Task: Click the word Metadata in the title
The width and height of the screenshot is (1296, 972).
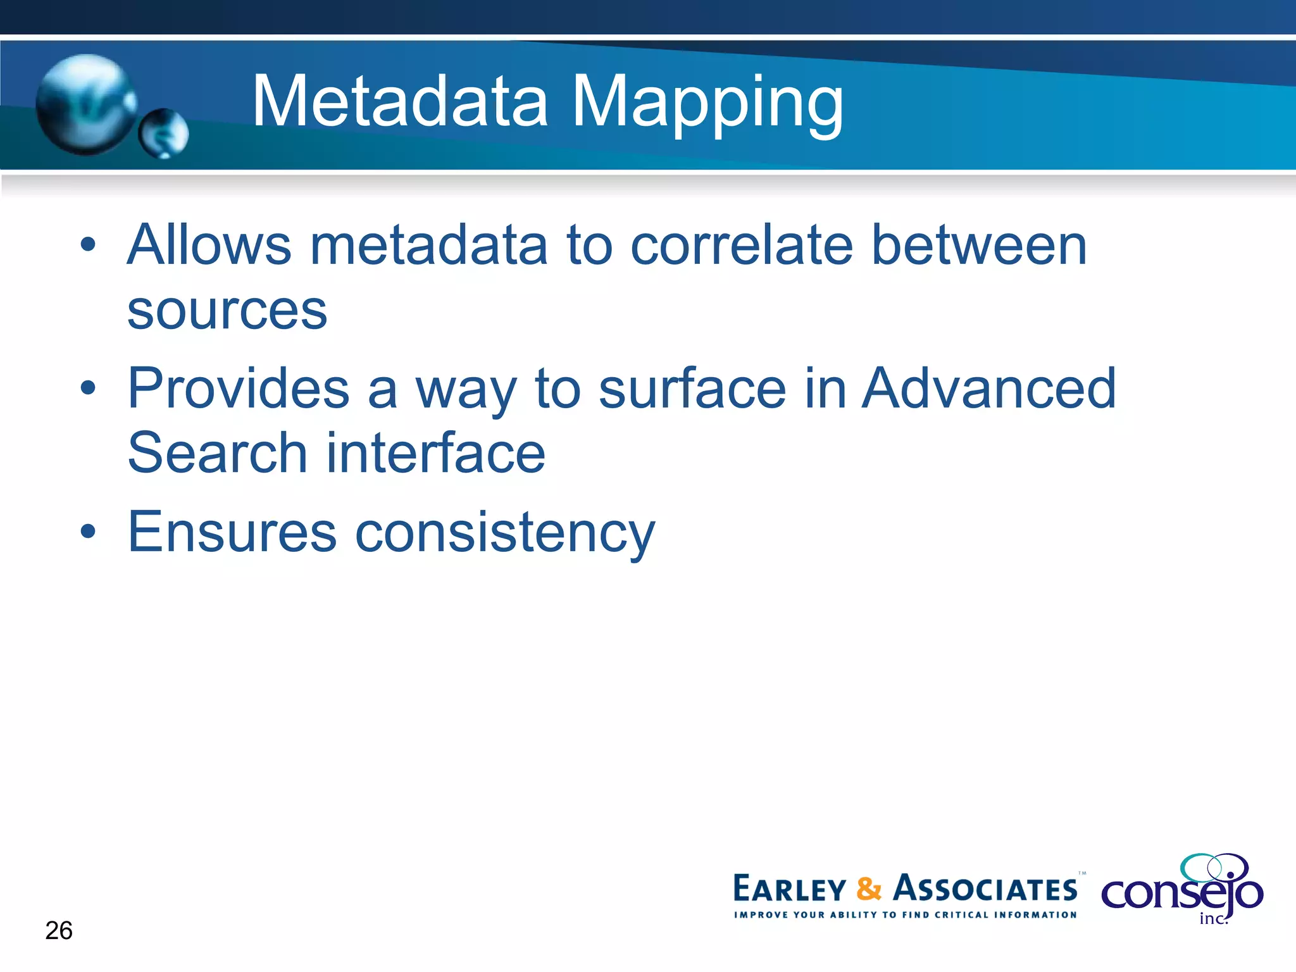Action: point(400,101)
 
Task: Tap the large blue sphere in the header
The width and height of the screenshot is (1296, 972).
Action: point(85,104)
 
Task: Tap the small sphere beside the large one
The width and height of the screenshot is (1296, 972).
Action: point(164,134)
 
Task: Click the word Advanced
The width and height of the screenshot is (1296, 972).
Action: point(989,389)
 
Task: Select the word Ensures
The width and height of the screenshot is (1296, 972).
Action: point(232,532)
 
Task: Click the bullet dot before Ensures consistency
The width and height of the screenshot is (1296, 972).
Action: point(89,532)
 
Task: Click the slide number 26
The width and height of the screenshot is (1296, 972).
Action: point(59,931)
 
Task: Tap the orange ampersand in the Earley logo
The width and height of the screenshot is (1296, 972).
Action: point(868,889)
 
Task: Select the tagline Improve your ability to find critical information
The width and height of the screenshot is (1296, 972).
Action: point(905,915)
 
